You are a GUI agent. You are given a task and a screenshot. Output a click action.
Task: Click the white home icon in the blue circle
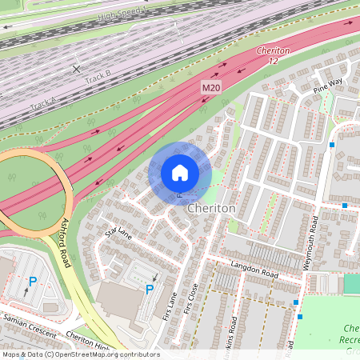[180, 172]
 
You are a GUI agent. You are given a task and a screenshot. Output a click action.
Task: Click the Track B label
[98, 77]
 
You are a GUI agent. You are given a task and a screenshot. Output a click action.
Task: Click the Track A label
[43, 104]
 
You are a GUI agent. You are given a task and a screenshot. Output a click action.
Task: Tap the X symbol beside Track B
[76, 70]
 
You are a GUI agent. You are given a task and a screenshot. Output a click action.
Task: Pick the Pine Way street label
[327, 82]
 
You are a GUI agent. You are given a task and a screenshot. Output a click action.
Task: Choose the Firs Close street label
[190, 298]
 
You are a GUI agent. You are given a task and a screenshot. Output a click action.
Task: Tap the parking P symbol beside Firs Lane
[149, 289]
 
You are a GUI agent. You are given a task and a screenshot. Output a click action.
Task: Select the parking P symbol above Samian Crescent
[33, 282]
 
